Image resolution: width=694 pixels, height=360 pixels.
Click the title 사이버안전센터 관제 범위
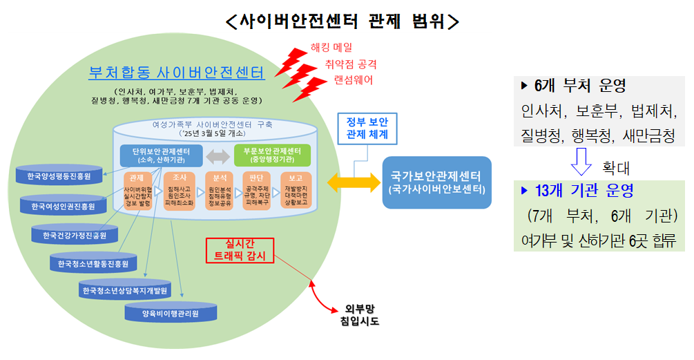click(343, 21)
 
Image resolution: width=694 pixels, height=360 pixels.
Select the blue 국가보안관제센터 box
click(436, 182)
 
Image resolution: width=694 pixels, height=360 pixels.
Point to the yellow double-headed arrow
click(353, 182)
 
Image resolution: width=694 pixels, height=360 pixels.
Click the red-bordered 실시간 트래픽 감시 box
click(240, 250)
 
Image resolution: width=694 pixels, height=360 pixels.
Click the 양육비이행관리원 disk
click(170, 313)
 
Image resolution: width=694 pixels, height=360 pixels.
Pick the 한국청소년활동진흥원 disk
click(93, 263)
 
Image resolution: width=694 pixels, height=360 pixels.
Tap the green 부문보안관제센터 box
click(272, 155)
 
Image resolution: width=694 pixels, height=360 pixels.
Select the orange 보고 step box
click(296, 193)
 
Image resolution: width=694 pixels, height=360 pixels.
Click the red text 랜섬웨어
click(355, 80)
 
